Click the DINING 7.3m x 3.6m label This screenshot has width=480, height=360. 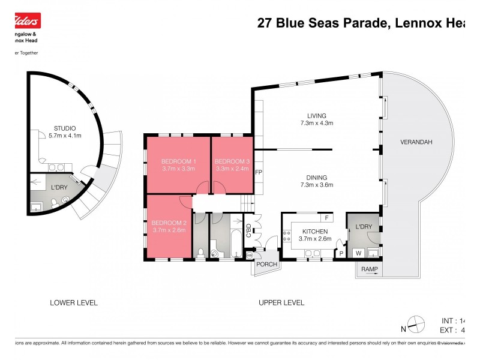pyautogui.click(x=316, y=181)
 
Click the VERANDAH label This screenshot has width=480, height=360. pyautogui.click(x=416, y=142)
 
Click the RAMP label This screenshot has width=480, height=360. pyautogui.click(x=369, y=269)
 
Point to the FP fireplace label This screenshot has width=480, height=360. pyautogui.click(x=259, y=173)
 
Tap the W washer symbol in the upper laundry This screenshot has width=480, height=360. pyautogui.click(x=358, y=253)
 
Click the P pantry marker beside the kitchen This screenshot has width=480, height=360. pyautogui.click(x=341, y=253)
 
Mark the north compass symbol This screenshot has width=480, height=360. pyautogui.click(x=413, y=325)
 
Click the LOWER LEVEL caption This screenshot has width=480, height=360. pyautogui.click(x=74, y=302)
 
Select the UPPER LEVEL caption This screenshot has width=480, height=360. pyautogui.click(x=281, y=302)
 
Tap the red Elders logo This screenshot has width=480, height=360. pyautogui.click(x=25, y=22)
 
